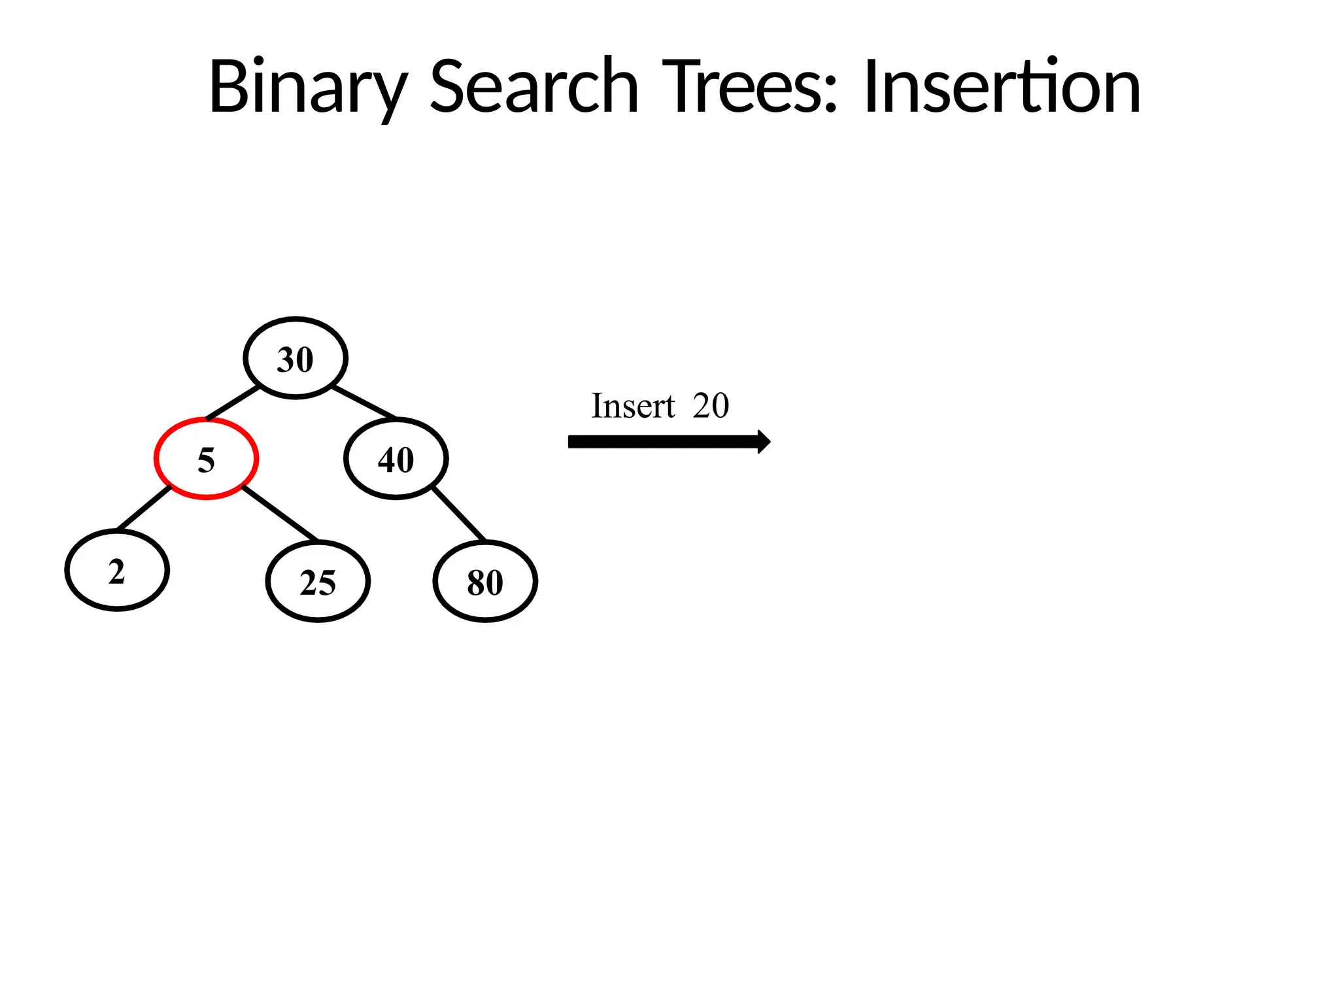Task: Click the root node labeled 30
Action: pyautogui.click(x=296, y=358)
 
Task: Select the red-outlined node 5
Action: pyautogui.click(x=206, y=459)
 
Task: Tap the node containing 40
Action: pyautogui.click(x=396, y=459)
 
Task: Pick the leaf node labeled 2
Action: pyautogui.click(x=117, y=571)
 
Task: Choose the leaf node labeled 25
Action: pyautogui.click(x=318, y=582)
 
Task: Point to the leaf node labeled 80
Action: pyautogui.click(x=485, y=582)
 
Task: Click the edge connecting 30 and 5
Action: pyautogui.click(x=233, y=403)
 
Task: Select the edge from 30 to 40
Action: pyautogui.click(x=364, y=402)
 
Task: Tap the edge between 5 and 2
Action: pyautogui.click(x=144, y=508)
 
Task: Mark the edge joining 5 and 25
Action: pyautogui.click(x=280, y=514)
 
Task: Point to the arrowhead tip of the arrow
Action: pyautogui.click(x=769, y=442)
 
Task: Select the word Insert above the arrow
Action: pyautogui.click(x=632, y=406)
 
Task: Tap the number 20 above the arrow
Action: pyautogui.click(x=711, y=406)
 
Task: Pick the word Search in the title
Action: pyautogui.click(x=534, y=87)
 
